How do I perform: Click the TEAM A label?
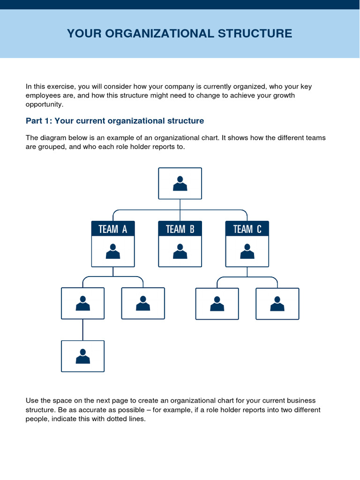point(112,229)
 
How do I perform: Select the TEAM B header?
point(180,229)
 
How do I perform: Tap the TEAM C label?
point(247,229)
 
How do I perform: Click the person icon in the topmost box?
point(180,183)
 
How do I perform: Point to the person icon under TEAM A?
point(112,252)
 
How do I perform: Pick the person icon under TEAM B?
point(180,252)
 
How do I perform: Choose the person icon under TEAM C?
point(247,252)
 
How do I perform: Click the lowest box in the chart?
point(83,356)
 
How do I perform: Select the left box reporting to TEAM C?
point(217,304)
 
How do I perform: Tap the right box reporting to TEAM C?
point(277,304)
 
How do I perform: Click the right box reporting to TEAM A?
point(143,304)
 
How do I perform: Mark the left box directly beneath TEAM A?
point(83,304)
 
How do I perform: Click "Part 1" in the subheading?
point(38,121)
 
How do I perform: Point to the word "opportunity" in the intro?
point(44,104)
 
